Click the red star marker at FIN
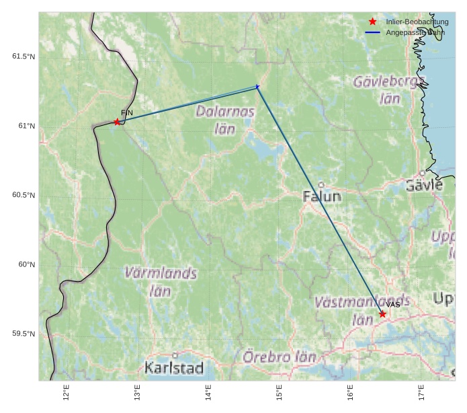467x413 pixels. pyautogui.click(x=117, y=122)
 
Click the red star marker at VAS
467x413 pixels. pyautogui.click(x=382, y=314)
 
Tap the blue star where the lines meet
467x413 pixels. pyautogui.click(x=257, y=87)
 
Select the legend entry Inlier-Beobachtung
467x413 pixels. pyautogui.click(x=417, y=22)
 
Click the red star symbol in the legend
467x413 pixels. pyautogui.click(x=373, y=22)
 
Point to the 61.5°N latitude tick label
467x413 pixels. pyautogui.click(x=24, y=57)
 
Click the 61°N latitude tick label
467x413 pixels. pyautogui.click(x=27, y=126)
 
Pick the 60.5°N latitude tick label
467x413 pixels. pyautogui.click(x=24, y=195)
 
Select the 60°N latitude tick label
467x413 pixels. pyautogui.click(x=27, y=264)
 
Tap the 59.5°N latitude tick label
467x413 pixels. pyautogui.click(x=24, y=334)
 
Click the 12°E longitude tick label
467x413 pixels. pyautogui.click(x=66, y=392)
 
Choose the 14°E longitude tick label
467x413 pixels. pyautogui.click(x=208, y=392)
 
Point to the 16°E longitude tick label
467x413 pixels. pyautogui.click(x=350, y=392)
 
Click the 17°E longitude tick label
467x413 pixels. pyautogui.click(x=421, y=392)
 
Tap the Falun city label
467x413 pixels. pyautogui.click(x=322, y=196)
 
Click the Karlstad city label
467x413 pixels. pyautogui.click(x=174, y=368)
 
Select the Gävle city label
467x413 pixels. pyautogui.click(x=425, y=185)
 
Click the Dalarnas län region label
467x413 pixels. pyautogui.click(x=225, y=120)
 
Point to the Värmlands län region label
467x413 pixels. pyautogui.click(x=161, y=282)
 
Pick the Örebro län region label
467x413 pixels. pyautogui.click(x=280, y=357)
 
